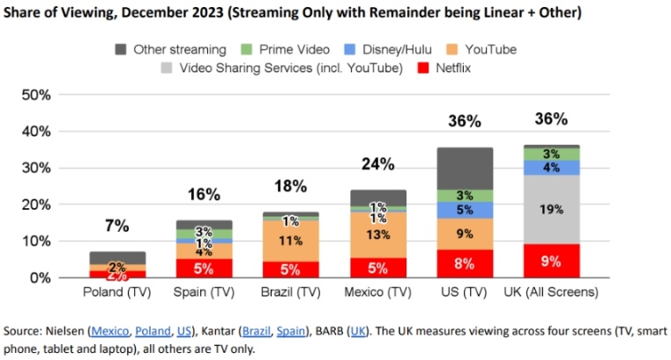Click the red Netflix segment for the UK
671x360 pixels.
pyautogui.click(x=551, y=260)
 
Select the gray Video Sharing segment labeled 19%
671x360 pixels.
pyautogui.click(x=551, y=209)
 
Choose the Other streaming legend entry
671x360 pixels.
pyautogui.click(x=171, y=49)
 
